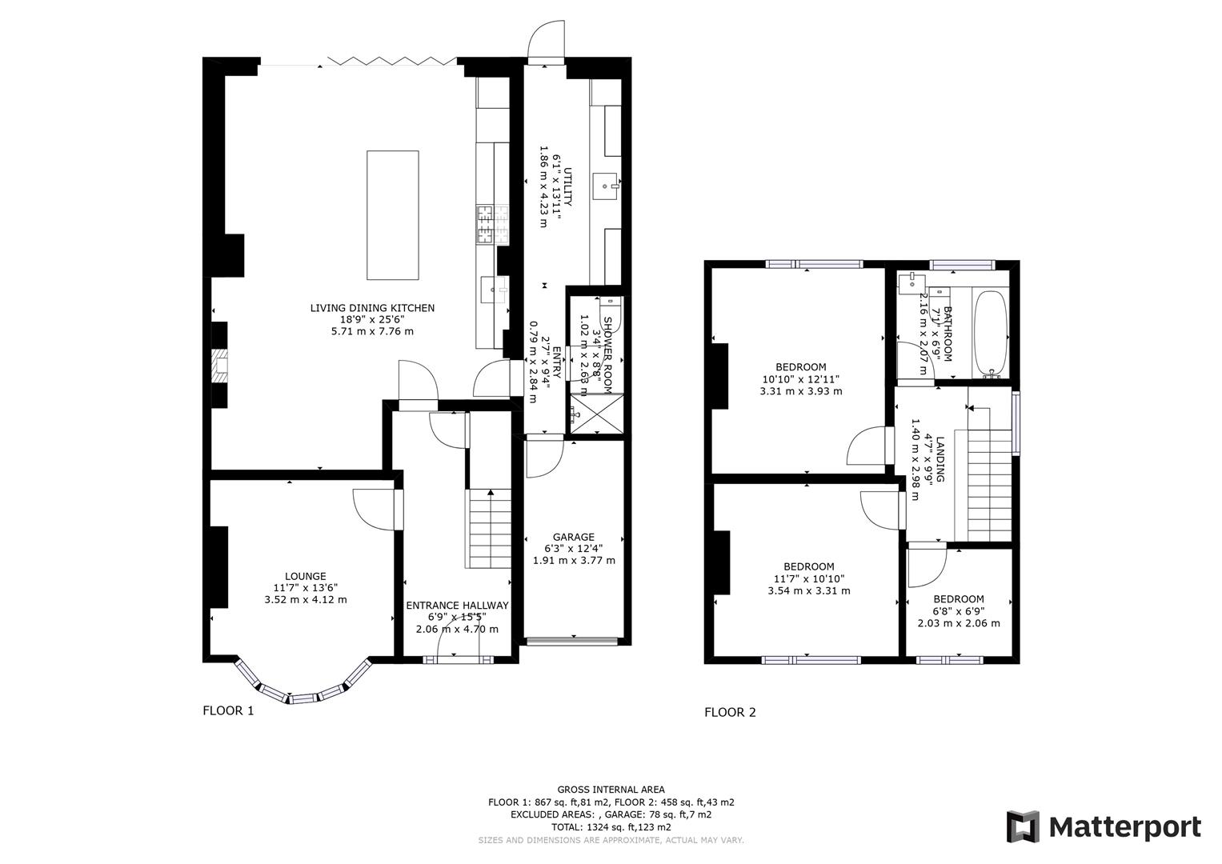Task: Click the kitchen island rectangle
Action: click(x=392, y=214)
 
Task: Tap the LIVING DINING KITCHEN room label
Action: click(x=372, y=308)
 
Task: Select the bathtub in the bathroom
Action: click(x=991, y=334)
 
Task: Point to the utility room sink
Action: click(x=605, y=187)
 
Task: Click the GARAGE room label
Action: click(x=574, y=537)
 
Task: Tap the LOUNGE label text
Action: click(x=305, y=576)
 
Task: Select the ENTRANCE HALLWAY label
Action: click(x=457, y=606)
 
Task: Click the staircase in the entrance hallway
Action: click(x=489, y=528)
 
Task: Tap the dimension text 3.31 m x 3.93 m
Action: click(x=801, y=391)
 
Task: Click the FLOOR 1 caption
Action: click(x=228, y=710)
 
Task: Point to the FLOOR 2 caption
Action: click(x=730, y=712)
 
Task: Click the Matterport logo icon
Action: click(x=1023, y=826)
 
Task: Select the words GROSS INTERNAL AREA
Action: click(x=611, y=790)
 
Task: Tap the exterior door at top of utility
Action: click(x=546, y=44)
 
